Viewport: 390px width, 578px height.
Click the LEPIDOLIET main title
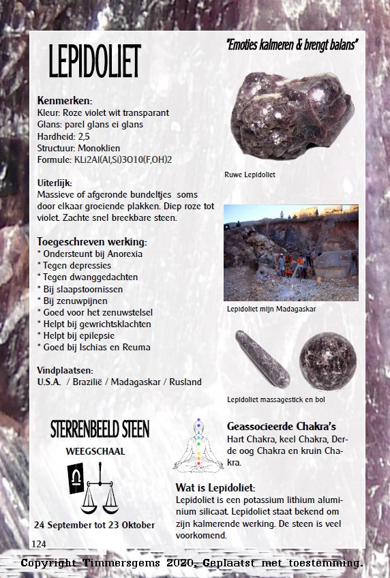coord(94,61)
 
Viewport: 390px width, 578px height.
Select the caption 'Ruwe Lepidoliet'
coord(250,175)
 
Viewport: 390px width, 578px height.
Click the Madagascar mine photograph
coord(290,253)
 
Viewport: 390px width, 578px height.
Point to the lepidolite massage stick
coord(262,358)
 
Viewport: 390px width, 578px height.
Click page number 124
coord(39,543)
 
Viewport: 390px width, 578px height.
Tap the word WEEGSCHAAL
coord(95,451)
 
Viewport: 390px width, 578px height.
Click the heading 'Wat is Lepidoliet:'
coord(215,488)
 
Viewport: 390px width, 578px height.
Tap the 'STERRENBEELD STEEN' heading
coord(100,429)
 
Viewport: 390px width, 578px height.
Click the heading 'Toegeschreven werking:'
coord(92,241)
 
